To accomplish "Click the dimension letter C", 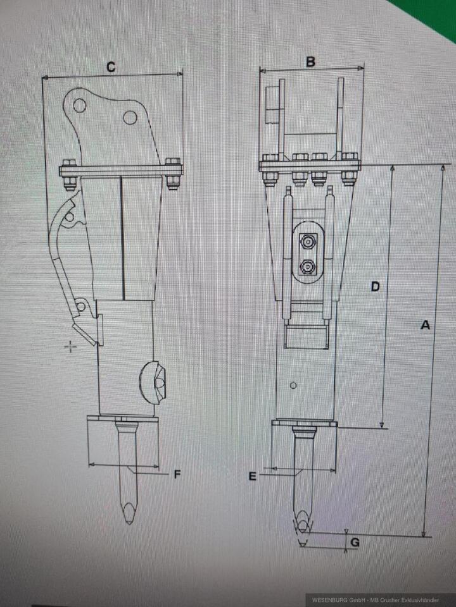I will pos(111,66).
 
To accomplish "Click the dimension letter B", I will pos(310,61).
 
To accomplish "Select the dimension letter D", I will pos(375,286).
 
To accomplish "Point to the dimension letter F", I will pos(178,474).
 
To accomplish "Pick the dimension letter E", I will pos(252,475).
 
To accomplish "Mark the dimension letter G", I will pos(355,542).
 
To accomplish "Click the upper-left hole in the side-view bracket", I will pos(79,106).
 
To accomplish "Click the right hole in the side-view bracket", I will pos(130,118).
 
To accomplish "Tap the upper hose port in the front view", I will pos(308,240).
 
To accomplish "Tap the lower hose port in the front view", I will pos(308,267).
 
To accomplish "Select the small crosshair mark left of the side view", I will pos(71,346).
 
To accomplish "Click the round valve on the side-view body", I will pos(154,381).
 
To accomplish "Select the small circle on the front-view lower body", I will pos(293,385).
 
